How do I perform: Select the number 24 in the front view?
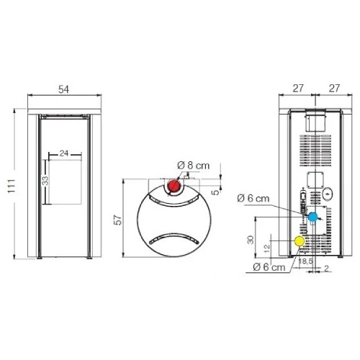pyautogui.click(x=64, y=153)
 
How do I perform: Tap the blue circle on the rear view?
pyautogui.click(x=313, y=217)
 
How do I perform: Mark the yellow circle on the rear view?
pyautogui.click(x=299, y=240)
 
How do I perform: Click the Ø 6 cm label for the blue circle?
pyautogui.click(x=256, y=198)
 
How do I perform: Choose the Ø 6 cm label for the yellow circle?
pyautogui.click(x=267, y=269)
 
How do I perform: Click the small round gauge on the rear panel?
pyautogui.click(x=327, y=193)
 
